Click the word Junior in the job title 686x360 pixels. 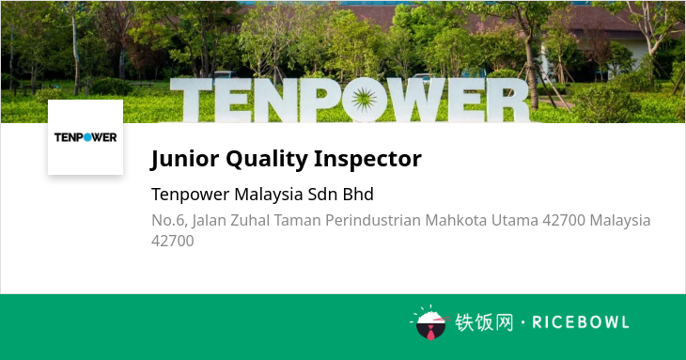184,159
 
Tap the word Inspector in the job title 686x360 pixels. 367,159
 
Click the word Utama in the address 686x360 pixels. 515,220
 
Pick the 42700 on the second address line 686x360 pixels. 172,241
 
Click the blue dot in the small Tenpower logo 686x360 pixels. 87,137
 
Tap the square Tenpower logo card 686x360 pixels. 86,137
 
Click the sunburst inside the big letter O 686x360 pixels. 364,100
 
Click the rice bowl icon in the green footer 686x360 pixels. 431,323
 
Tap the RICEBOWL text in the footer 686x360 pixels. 581,322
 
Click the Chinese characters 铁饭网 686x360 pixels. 484,322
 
